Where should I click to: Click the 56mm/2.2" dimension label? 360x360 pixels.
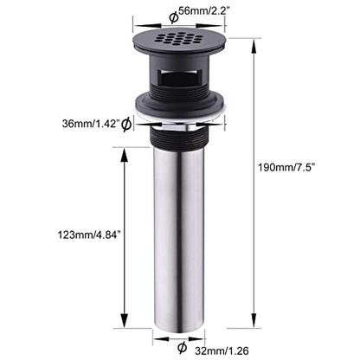(204, 11)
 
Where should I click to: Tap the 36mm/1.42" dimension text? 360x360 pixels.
(91, 124)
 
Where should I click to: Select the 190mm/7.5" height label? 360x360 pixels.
(286, 167)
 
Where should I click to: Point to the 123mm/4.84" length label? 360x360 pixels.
(89, 235)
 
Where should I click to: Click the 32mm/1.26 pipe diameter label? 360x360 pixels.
(222, 350)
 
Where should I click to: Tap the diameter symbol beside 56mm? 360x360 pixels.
(174, 17)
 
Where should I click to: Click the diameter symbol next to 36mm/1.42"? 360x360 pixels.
(126, 125)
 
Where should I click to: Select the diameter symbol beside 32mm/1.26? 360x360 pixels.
(182, 347)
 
